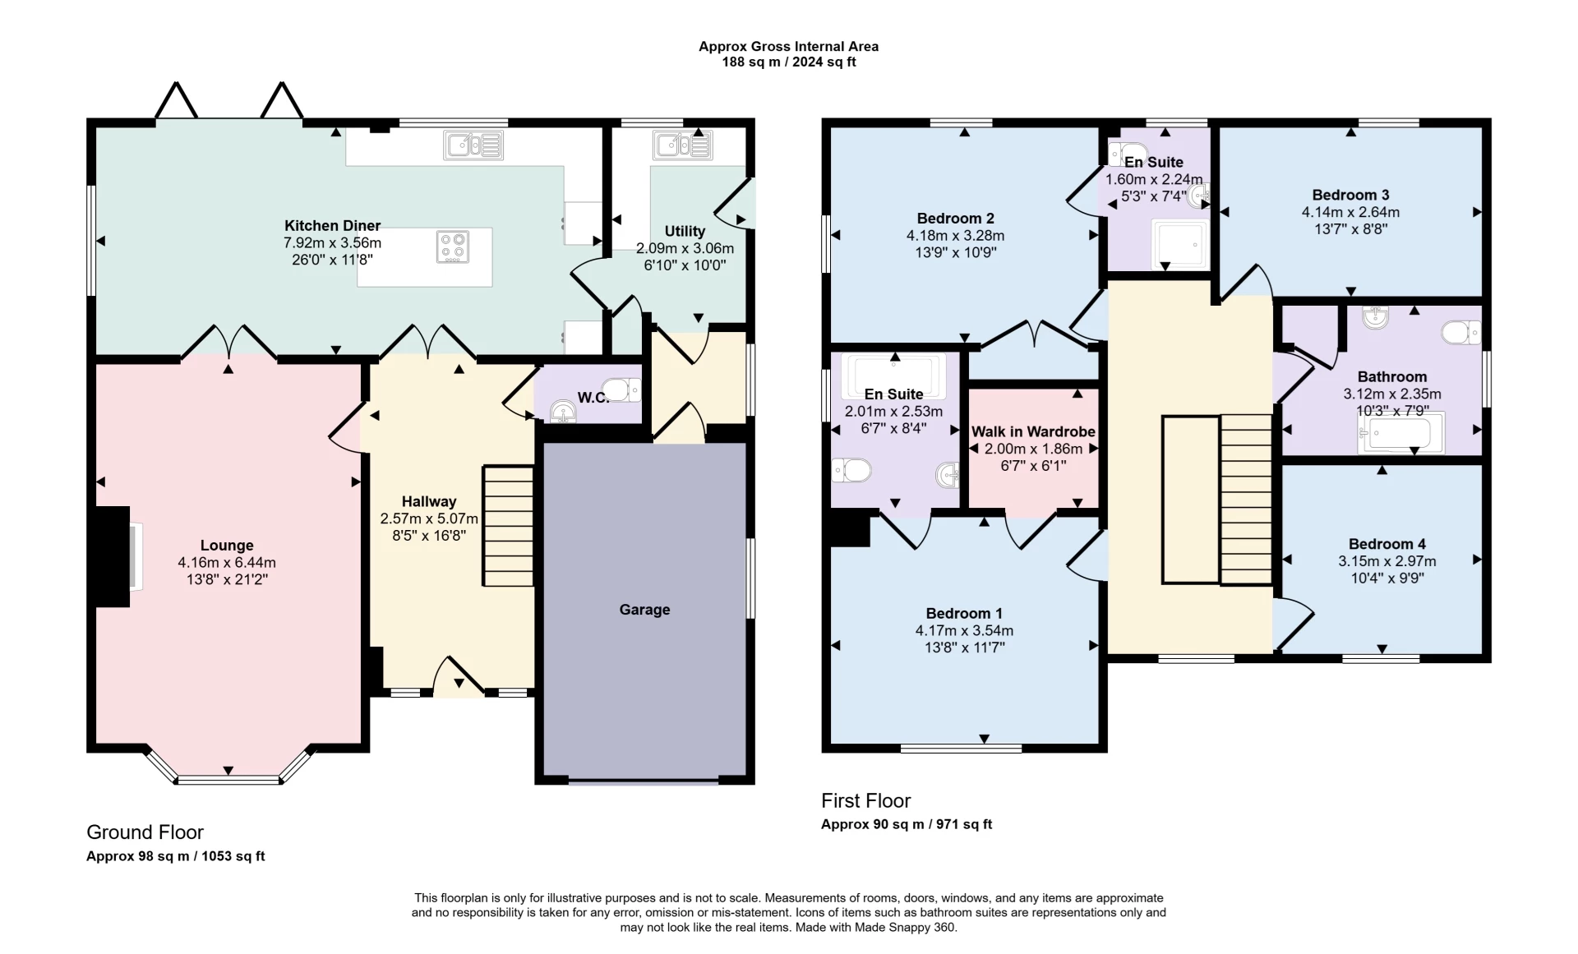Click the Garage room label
[644, 610]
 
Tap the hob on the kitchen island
[453, 247]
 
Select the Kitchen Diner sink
[473, 145]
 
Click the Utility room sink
[683, 145]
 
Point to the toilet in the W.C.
[621, 389]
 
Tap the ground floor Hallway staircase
[508, 526]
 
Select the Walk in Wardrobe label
[1033, 431]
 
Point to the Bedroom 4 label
[1387, 544]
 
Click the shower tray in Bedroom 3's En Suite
[1180, 245]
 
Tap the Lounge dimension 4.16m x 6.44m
[227, 563]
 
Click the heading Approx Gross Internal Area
[788, 47]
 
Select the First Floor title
[865, 800]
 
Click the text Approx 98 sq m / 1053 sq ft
[175, 856]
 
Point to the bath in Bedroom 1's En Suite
[893, 372]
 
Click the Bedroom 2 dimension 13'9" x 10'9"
[955, 253]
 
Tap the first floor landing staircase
[1246, 499]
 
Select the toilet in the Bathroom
[1460, 333]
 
